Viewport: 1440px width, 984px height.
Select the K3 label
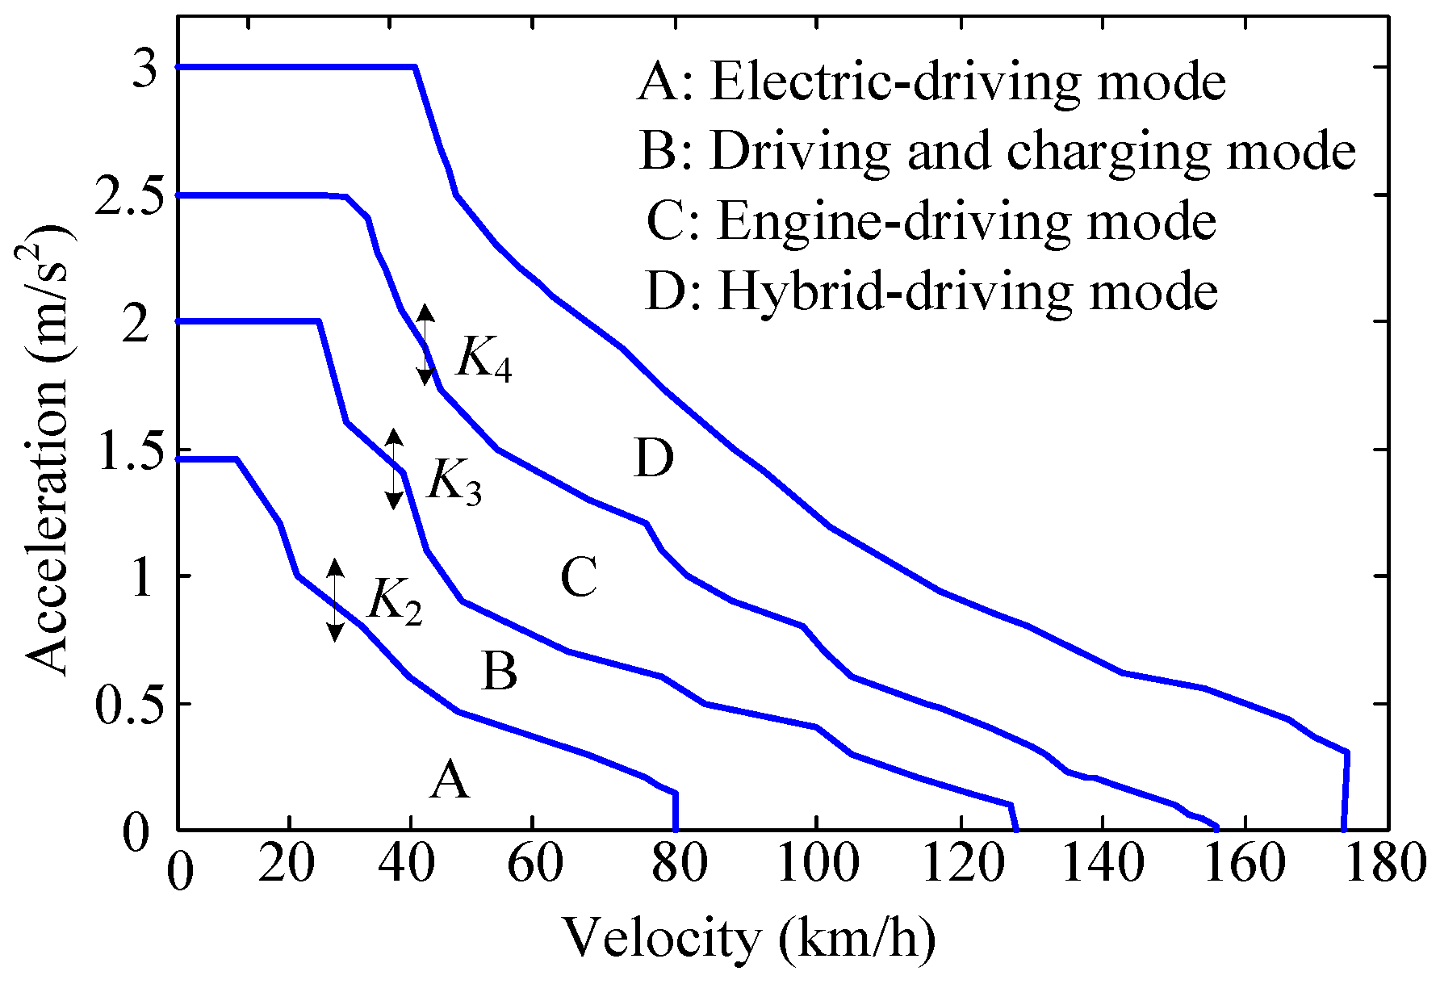(454, 483)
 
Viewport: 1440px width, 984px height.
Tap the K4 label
(483, 358)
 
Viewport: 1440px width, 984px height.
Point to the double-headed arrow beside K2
(335, 600)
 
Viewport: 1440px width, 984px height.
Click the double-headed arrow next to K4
(426, 345)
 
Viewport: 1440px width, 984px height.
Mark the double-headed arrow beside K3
(393, 469)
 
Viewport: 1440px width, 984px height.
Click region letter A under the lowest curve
(449, 781)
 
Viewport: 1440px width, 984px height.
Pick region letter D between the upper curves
(654, 459)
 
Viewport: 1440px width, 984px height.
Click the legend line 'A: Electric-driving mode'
(931, 82)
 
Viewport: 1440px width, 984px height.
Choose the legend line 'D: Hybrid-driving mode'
(931, 291)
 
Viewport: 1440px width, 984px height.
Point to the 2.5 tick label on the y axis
(122, 196)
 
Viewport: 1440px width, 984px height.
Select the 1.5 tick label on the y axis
(122, 450)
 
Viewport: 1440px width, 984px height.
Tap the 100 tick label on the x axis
(815, 865)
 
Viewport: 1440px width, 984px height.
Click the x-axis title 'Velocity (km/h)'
(748, 939)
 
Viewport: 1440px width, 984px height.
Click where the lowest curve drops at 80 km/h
(676, 811)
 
